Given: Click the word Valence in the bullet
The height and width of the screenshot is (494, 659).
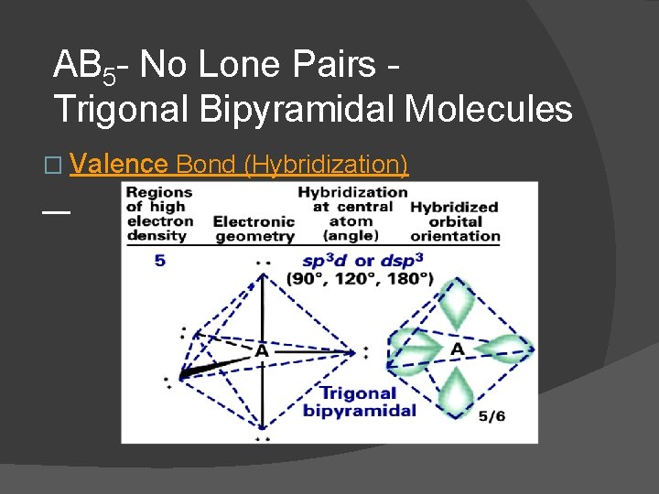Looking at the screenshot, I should [x=118, y=165].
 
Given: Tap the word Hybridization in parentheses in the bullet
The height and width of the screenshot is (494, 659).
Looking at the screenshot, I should [x=326, y=165].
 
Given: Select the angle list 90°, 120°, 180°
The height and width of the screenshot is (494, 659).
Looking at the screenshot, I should [x=360, y=278].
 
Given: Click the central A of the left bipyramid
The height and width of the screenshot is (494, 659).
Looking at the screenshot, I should [x=262, y=350].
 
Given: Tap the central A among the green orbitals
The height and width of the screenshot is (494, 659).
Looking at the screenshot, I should [x=457, y=350].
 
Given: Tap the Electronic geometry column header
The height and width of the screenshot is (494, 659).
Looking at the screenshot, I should [x=254, y=229].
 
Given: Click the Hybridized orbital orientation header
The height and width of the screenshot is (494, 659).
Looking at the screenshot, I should [x=455, y=221].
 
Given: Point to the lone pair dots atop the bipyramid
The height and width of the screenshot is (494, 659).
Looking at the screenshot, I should [x=264, y=263].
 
